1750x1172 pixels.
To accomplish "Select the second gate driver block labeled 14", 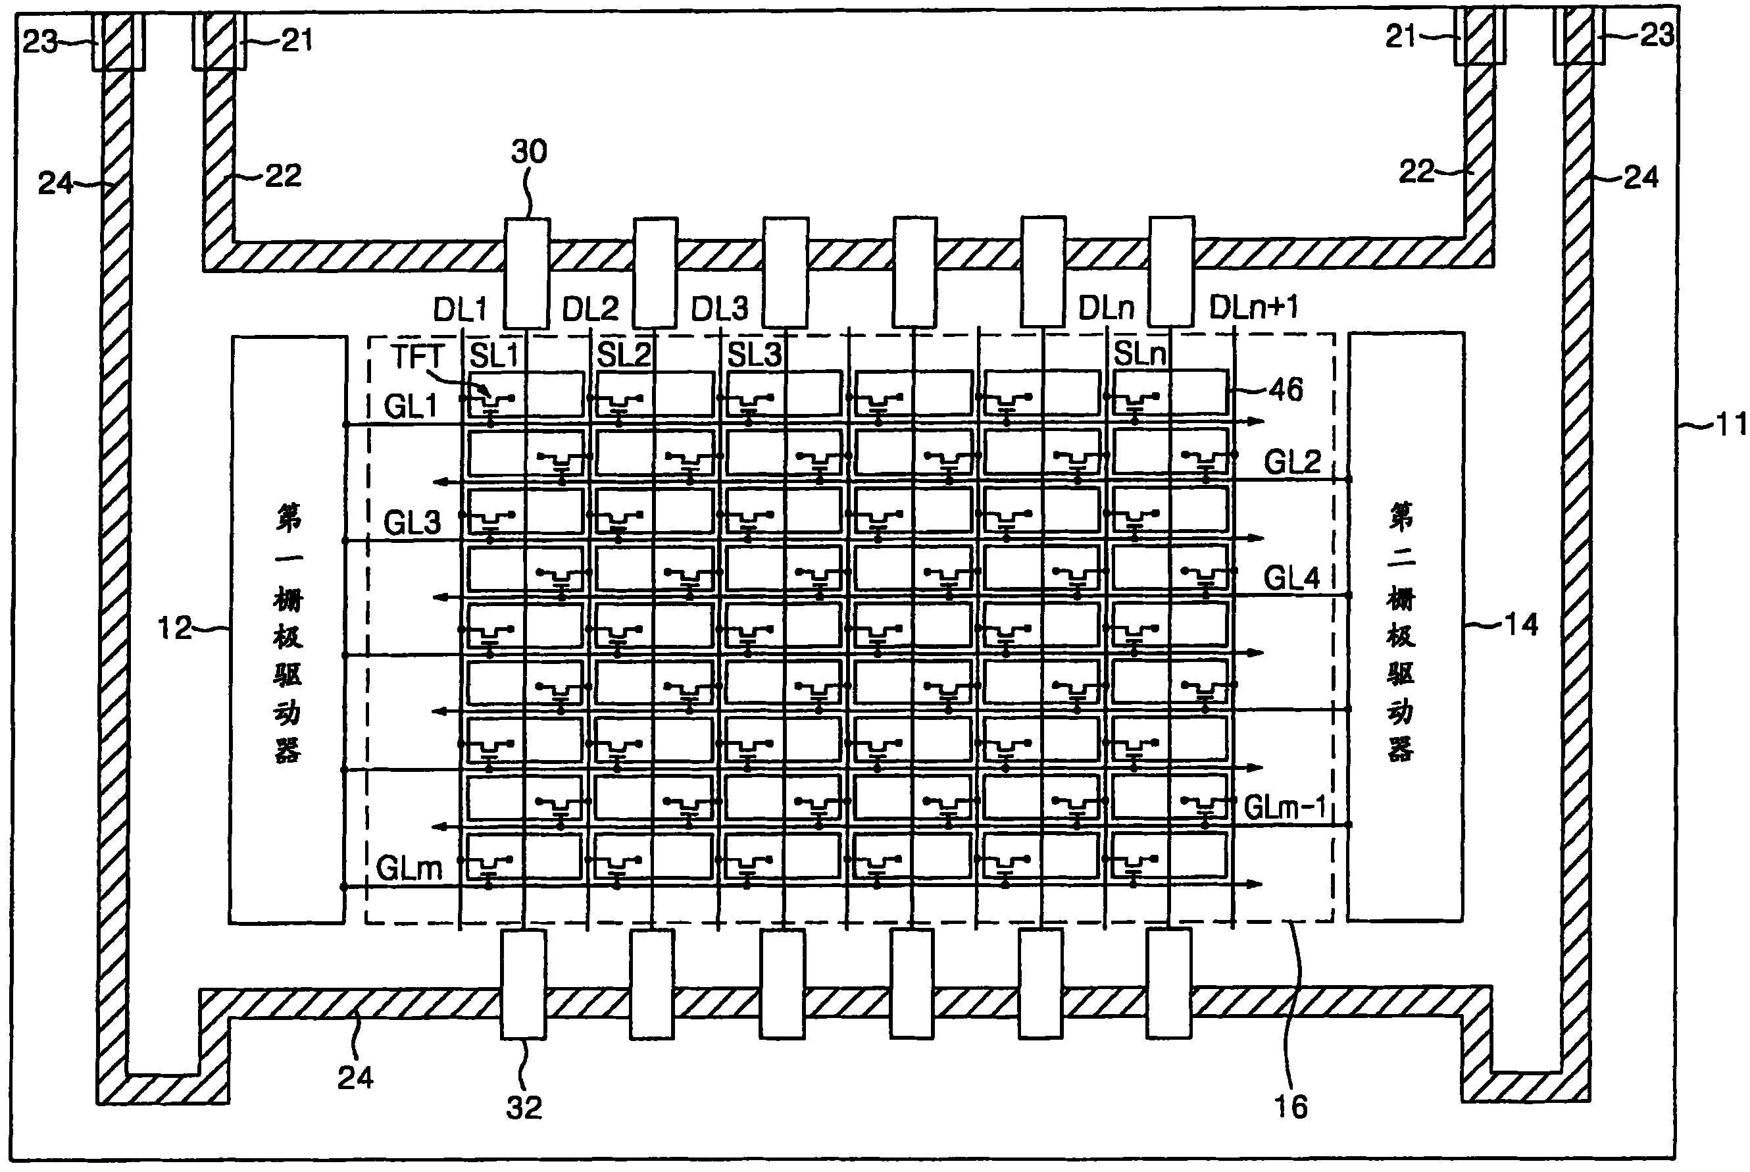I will pyautogui.click(x=1405, y=626).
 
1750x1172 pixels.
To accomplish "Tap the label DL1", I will pyautogui.click(x=460, y=309).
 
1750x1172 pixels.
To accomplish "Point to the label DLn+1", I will pyautogui.click(x=1254, y=307).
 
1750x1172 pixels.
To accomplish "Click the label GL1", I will pyautogui.click(x=411, y=407).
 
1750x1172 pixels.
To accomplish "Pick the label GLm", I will pyautogui.click(x=409, y=869).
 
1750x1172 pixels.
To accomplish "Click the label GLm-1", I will pyautogui.click(x=1284, y=807).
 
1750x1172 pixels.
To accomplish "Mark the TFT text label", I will pyautogui.click(x=417, y=356).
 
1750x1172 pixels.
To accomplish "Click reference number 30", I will pyautogui.click(x=529, y=152).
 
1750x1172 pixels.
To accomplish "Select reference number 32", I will pyautogui.click(x=524, y=1107).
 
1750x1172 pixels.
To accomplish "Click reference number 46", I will pyautogui.click(x=1286, y=390).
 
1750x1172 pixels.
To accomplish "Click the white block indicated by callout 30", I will pyautogui.click(x=528, y=273).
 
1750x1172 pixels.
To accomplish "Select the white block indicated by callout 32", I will pyautogui.click(x=523, y=984).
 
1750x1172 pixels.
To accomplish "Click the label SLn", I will pyautogui.click(x=1139, y=353).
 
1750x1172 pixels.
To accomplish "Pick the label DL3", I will pyautogui.click(x=719, y=309).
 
